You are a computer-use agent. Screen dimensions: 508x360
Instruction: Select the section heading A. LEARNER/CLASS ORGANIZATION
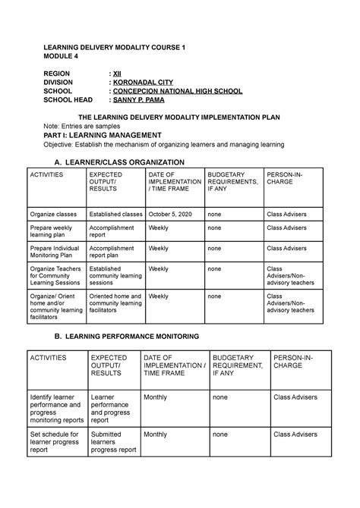115,162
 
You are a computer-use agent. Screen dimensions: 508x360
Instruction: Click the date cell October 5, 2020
171,215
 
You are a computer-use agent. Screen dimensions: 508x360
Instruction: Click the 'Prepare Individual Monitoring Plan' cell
56,252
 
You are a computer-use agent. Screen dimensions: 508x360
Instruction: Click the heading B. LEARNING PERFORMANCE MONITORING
122,335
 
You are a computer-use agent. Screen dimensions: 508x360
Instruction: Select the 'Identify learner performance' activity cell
55,408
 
